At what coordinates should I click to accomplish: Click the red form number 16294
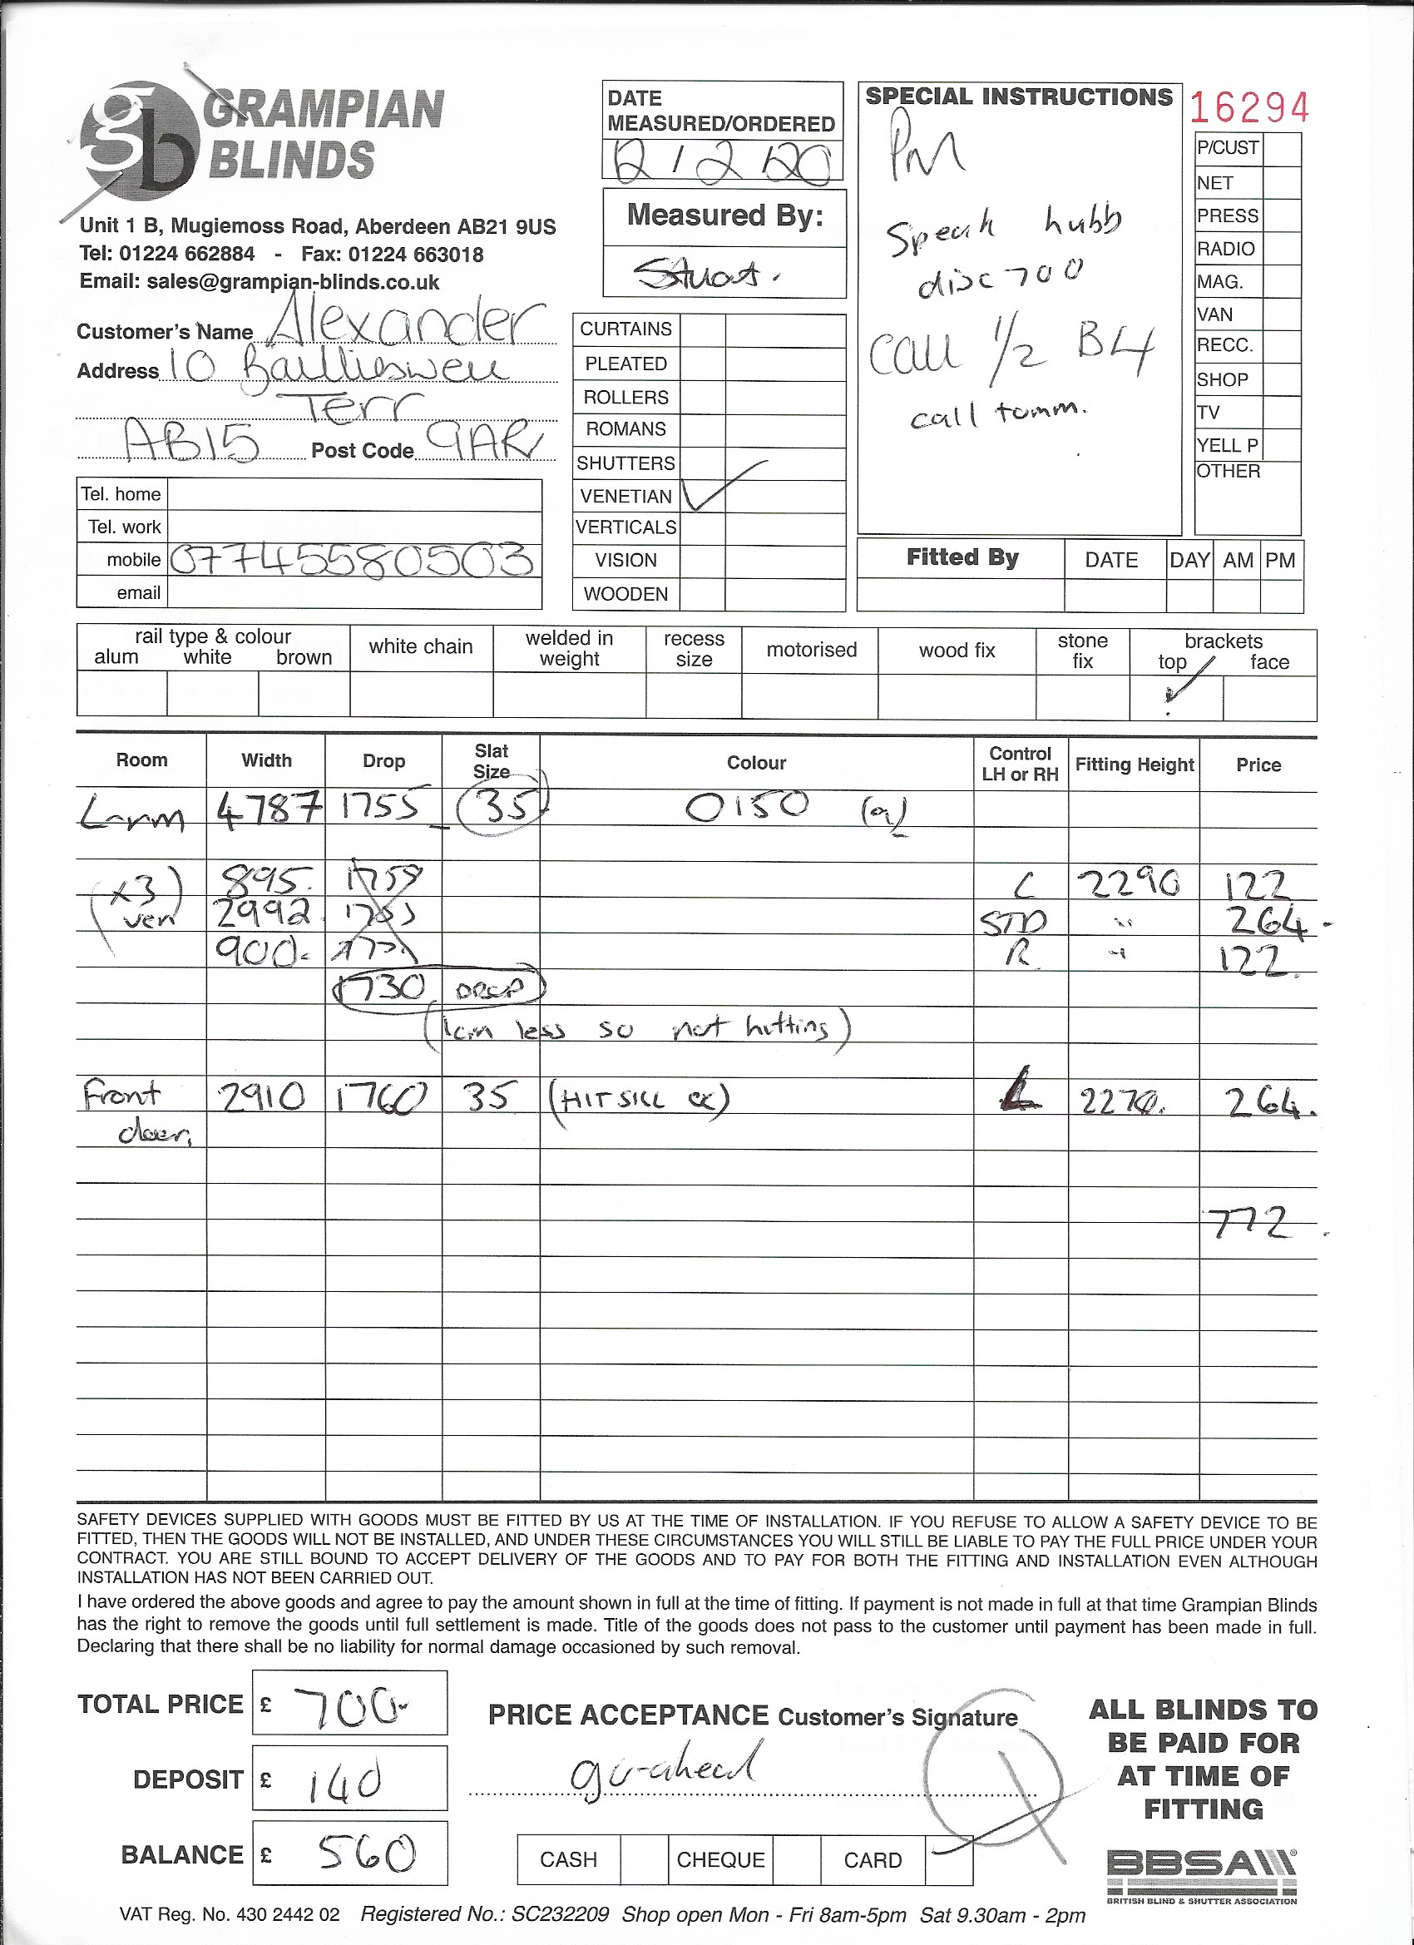[1249, 108]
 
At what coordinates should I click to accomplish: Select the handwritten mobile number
[352, 561]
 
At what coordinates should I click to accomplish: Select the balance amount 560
[367, 1854]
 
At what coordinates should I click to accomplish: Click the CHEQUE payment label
[719, 1859]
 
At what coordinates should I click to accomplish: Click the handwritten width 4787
[269, 808]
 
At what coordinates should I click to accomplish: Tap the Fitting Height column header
[1134, 764]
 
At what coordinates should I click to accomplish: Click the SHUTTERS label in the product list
[626, 463]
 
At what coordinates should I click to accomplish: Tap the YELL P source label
[1227, 445]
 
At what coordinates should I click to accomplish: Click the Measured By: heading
[724, 215]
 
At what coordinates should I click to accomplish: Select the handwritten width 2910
[261, 1096]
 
